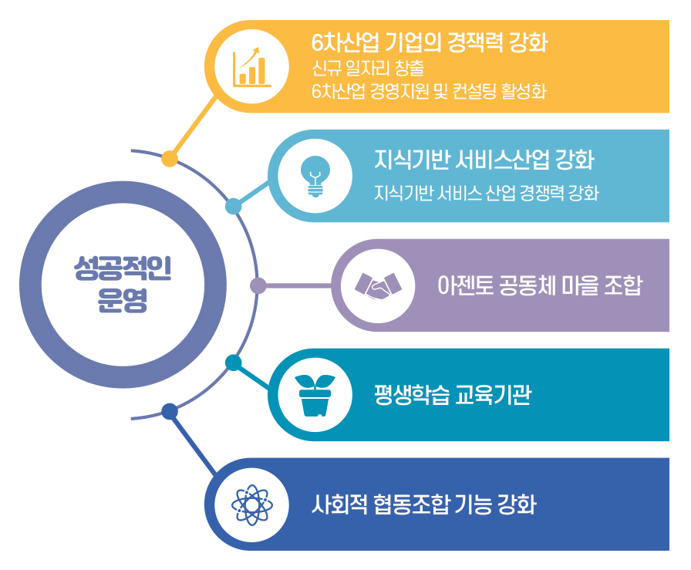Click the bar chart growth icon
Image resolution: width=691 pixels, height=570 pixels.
pos(251,67)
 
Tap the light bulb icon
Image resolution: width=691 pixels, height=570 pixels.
pos(315,176)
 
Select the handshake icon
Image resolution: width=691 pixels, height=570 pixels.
pos(378,285)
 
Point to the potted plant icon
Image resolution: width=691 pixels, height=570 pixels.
pos(315,395)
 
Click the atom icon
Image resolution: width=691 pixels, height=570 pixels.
pos(251,504)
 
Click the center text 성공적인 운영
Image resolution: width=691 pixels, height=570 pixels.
pos(123,285)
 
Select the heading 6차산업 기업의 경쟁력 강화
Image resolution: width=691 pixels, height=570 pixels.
pos(430,42)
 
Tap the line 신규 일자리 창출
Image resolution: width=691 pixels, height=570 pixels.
pos(368,68)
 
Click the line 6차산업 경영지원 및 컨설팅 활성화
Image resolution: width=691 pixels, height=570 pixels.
pos(429,91)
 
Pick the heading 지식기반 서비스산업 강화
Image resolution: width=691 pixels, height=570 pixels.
pos(484,160)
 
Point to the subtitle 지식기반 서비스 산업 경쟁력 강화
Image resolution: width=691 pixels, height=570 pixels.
pos(487,193)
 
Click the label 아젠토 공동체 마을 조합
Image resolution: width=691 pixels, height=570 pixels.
pos(540,285)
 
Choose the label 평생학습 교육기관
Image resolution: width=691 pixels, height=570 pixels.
pos(453,395)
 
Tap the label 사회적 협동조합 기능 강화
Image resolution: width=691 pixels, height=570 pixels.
pos(424,504)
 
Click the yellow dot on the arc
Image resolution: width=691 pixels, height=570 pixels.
pos(170,159)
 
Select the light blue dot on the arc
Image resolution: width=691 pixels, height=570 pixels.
pos(234,206)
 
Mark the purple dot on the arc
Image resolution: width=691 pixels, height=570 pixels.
pos(258,285)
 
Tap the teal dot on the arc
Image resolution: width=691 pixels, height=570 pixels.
pos(234,363)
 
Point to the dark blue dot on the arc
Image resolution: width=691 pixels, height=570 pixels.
pos(170,411)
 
